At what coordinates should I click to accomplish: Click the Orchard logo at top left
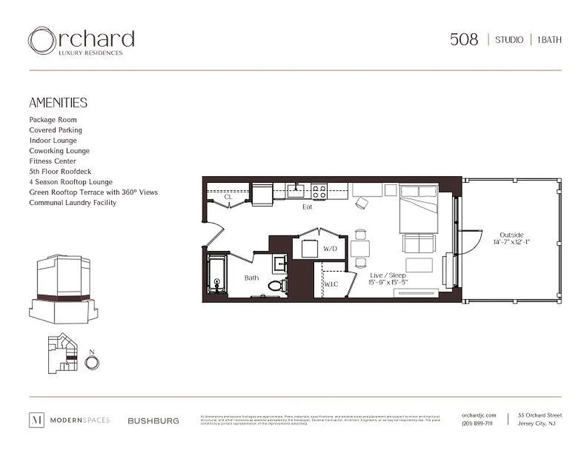coord(81,41)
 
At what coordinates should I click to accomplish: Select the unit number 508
coord(464,40)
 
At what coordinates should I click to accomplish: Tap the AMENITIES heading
coord(58,102)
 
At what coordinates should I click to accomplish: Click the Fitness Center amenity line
coord(52,161)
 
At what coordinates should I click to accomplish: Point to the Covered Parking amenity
coord(56,130)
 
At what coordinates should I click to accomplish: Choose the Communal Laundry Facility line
coord(73,203)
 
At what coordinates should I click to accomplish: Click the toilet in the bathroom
coord(277,284)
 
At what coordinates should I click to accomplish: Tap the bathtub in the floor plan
coord(216,275)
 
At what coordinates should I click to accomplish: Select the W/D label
coord(330,249)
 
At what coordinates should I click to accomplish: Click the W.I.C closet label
coord(331,284)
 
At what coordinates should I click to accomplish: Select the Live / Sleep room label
coord(388,279)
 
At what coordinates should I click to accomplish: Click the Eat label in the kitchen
coord(307,207)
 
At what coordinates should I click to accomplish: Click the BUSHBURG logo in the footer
coord(153,421)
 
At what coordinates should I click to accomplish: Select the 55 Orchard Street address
coord(539,416)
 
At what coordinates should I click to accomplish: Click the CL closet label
coord(228,197)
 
